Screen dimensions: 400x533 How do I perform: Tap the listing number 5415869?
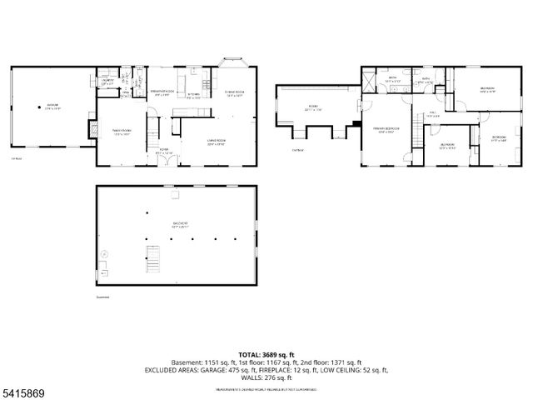point(22,389)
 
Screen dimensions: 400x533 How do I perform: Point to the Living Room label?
point(217,142)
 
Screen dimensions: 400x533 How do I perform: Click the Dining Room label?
point(234,93)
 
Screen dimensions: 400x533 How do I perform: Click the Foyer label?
point(165,152)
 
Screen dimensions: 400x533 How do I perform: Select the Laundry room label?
point(107,81)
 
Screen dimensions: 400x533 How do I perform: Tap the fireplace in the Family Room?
point(91,129)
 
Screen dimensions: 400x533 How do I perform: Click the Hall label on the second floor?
point(432,114)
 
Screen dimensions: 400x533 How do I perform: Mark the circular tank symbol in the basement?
point(104,253)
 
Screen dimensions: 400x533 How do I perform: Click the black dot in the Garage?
point(37,106)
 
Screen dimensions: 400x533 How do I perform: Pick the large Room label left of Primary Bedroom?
point(313,107)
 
